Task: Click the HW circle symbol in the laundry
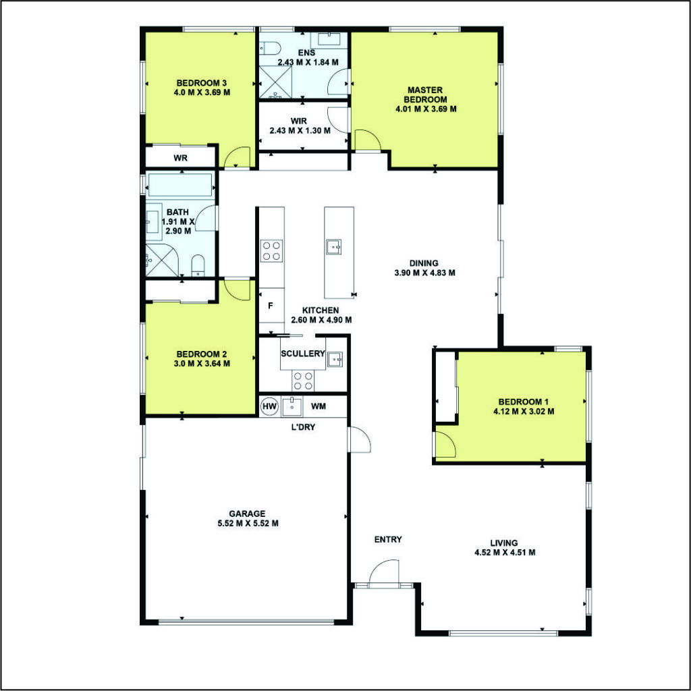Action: [270, 406]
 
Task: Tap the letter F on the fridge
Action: [271, 306]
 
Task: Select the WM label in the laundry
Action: [319, 406]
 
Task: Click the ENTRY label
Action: [388, 539]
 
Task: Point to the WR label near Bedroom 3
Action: [180, 158]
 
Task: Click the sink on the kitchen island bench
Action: [333, 247]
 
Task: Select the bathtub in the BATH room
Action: [180, 185]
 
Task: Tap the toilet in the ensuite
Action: [270, 48]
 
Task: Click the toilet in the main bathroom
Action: [198, 265]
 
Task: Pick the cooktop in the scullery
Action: [303, 381]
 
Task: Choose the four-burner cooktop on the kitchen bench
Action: [271, 251]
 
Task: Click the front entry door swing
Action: [384, 574]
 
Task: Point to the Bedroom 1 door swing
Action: [445, 444]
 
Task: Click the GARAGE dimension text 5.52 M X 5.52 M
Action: [248, 524]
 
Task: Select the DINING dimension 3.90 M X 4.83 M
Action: [425, 273]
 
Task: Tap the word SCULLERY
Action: [303, 354]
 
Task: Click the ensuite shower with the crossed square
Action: [275, 82]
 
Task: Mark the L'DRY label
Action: [304, 426]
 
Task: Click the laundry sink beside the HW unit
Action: [292, 406]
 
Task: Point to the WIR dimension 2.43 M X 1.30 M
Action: [300, 130]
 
